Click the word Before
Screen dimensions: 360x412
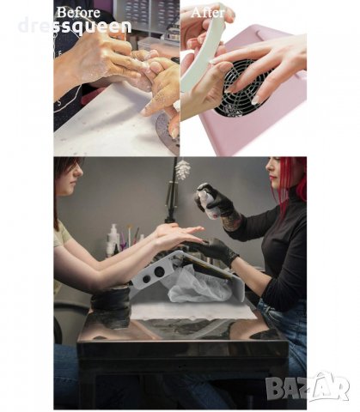pyautogui.click(x=78, y=13)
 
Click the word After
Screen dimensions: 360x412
pyautogui.click(x=208, y=13)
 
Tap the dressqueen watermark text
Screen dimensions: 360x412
pyautogui.click(x=75, y=27)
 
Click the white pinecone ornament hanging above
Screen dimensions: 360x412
pyautogui.click(x=183, y=170)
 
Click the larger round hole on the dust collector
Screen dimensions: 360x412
pyautogui.click(x=159, y=272)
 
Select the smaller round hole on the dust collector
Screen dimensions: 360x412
pyautogui.click(x=146, y=279)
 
